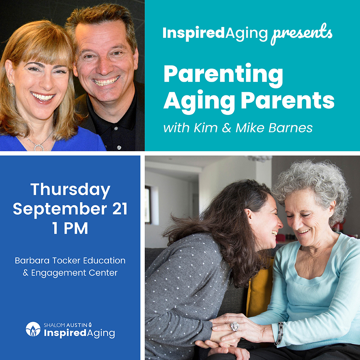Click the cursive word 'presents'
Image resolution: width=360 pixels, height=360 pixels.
[x=301, y=34]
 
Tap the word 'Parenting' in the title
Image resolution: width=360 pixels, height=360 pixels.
[x=223, y=75]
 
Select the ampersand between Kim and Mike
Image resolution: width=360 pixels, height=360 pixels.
[x=226, y=128]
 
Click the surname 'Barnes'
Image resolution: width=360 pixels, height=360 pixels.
[x=291, y=128]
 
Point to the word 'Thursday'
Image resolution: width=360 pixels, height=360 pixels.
[x=70, y=190]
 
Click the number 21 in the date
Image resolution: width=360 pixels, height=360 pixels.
[x=120, y=209]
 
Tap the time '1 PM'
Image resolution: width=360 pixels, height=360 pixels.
[x=70, y=228]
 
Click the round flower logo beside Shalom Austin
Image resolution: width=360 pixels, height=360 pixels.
[x=33, y=329]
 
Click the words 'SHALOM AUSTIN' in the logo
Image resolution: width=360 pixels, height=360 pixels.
[x=66, y=325]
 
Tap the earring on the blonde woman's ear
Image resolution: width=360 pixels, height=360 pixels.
[x=10, y=85]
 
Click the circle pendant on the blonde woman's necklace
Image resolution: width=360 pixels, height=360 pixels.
[x=39, y=147]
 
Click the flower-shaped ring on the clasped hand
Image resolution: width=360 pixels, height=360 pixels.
[x=235, y=326]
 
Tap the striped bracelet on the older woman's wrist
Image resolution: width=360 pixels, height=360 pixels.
[x=279, y=333]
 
